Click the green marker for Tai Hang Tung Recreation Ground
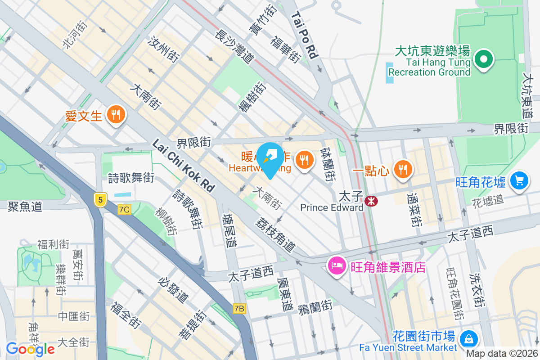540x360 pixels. pos(483,59)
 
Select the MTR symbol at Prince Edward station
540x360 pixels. pos(372,201)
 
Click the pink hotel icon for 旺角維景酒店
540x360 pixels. pos(337,265)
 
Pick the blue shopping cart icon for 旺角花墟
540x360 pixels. pos(520,181)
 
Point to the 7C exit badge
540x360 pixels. pos(124,210)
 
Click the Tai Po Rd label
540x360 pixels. pos(305,35)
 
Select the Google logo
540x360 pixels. pos(30,349)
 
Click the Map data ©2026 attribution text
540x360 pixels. pos(502,354)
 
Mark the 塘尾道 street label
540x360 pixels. pos(229,230)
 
